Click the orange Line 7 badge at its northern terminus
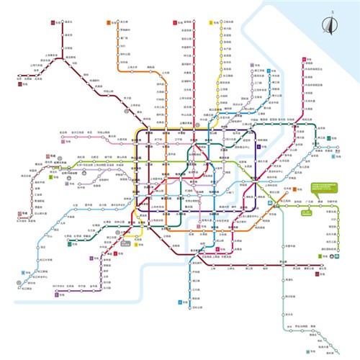tap(108, 24)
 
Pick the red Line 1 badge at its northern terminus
tap(175, 23)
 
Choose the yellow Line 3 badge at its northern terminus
tap(211, 24)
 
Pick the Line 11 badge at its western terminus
tap(52, 23)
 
